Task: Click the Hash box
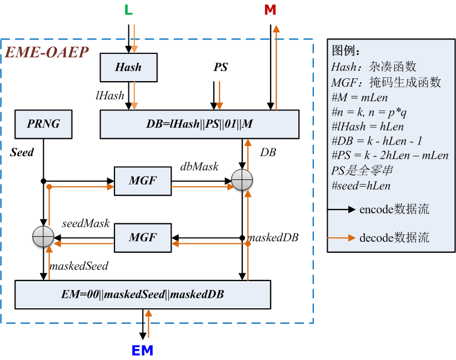tap(128, 67)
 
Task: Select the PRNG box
tap(43, 123)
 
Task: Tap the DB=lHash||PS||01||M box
tap(199, 124)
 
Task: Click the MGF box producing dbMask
tap(142, 181)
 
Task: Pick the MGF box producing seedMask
tap(142, 237)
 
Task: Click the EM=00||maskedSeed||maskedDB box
tap(143, 294)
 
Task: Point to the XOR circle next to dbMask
tap(243, 181)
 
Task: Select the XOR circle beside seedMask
tap(43, 237)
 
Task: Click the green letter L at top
tap(128, 10)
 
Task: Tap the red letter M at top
tap(270, 10)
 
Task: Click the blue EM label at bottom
tap(142, 351)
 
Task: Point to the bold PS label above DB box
tap(221, 67)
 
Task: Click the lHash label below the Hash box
tap(109, 96)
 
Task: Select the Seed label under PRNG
tap(22, 152)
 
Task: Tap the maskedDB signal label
tap(273, 237)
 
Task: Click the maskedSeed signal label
tap(79, 266)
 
